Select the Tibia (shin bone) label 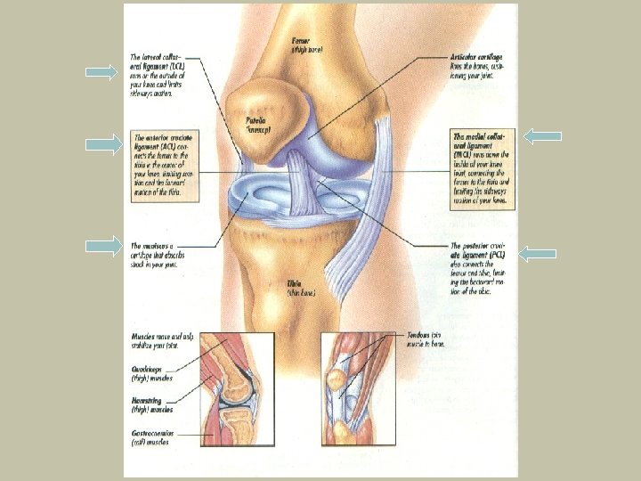point(296,284)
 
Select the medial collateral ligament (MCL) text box point(482,168)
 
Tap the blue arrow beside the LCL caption point(103,71)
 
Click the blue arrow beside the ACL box point(103,143)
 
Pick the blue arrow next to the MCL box point(542,136)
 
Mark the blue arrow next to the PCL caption point(537,254)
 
